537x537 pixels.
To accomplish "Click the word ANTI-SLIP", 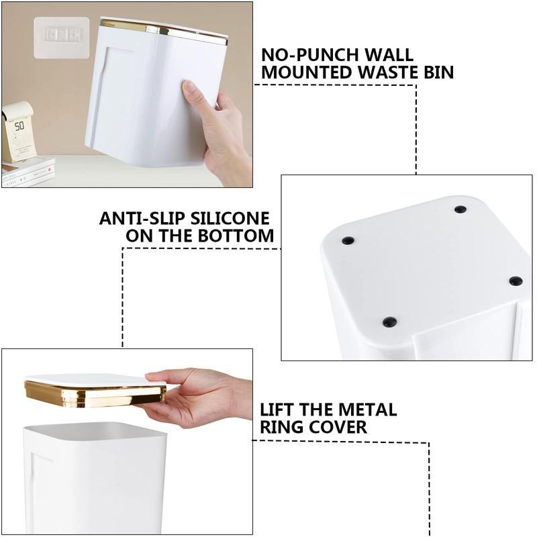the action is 142,219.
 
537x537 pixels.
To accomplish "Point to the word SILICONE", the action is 230,219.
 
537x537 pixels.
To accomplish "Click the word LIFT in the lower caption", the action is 278,409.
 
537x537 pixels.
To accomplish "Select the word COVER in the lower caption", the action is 338,427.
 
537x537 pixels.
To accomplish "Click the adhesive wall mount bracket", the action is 62,38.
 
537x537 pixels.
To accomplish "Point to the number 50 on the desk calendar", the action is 19,126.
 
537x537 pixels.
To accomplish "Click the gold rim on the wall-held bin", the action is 164,31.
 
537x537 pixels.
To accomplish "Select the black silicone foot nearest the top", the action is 460,209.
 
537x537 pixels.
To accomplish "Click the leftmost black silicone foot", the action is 348,240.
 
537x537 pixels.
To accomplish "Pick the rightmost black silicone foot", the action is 516,281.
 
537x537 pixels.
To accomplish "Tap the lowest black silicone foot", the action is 390,322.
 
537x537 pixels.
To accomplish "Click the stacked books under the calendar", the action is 28,173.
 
